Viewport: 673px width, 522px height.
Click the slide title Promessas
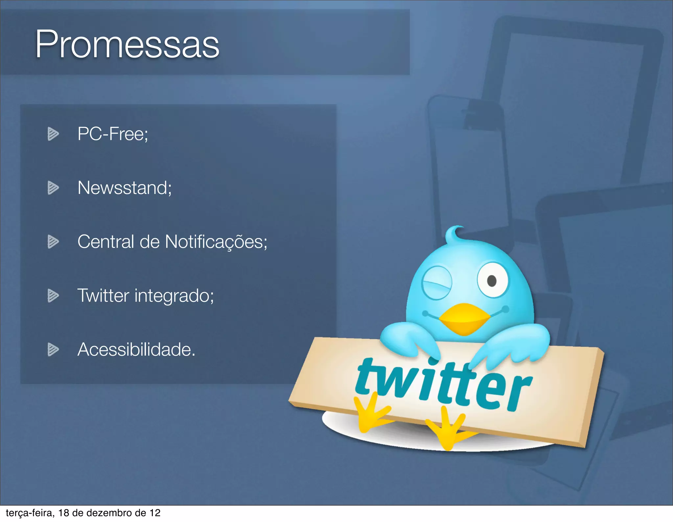[x=127, y=44]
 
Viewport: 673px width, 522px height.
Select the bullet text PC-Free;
[x=113, y=134]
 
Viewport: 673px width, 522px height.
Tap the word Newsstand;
[x=125, y=188]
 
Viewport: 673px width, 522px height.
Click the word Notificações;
[x=216, y=242]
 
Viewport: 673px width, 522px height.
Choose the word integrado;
[x=174, y=296]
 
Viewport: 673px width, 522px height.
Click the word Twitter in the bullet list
[x=103, y=295]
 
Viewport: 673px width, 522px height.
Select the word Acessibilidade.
[x=136, y=349]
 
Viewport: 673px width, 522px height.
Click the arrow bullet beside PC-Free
[x=53, y=134]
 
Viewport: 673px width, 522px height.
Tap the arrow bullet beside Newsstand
[x=53, y=188]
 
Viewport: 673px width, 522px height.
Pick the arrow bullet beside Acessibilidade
[x=53, y=349]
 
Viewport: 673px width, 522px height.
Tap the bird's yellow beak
[x=464, y=318]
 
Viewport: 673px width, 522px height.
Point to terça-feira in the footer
[x=30, y=513]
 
